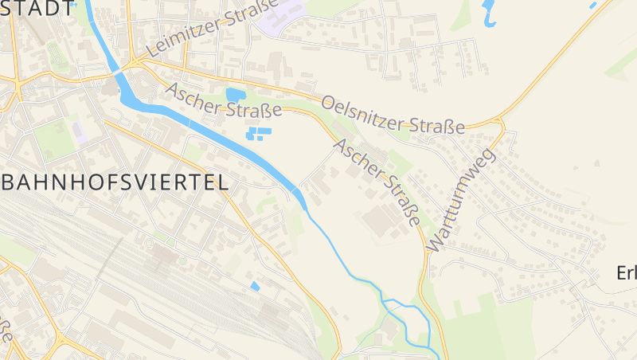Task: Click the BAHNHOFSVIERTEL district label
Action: point(115,182)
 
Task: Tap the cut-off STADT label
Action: point(35,10)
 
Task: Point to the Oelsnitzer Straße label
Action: point(393,115)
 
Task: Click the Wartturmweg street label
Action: point(461,201)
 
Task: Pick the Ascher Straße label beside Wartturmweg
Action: point(377,182)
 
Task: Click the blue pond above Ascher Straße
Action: point(236,96)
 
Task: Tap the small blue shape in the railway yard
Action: point(255,285)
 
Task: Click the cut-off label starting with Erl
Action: point(627,272)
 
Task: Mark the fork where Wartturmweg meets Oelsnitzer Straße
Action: point(500,123)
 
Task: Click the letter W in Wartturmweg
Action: point(434,243)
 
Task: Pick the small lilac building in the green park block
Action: point(80,133)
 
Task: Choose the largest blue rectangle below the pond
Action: point(262,131)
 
